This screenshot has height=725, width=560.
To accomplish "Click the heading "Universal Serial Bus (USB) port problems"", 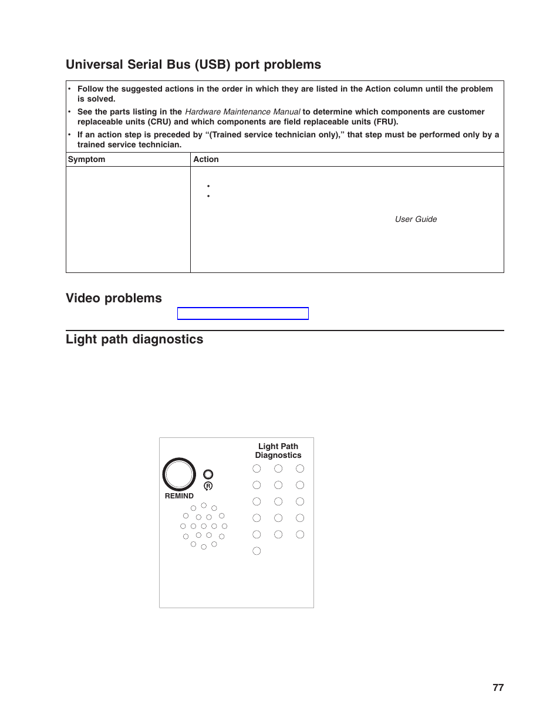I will (193, 65).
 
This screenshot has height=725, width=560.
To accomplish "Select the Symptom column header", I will (86, 159).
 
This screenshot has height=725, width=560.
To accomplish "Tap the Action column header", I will (206, 159).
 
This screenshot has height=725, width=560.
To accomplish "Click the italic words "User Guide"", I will (416, 219).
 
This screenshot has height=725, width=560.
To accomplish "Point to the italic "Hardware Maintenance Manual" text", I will (242, 112).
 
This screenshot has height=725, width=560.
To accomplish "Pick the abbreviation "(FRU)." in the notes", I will (386, 122).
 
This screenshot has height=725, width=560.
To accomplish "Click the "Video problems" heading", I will (114, 298).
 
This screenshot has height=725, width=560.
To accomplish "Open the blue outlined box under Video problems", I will (242, 313).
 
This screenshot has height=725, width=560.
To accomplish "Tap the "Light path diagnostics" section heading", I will (134, 339).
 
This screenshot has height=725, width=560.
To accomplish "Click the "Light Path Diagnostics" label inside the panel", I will (278, 451).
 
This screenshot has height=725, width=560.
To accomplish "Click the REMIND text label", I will (179, 496).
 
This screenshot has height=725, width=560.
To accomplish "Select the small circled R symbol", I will (208, 486).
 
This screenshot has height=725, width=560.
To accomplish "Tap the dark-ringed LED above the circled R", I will (208, 474).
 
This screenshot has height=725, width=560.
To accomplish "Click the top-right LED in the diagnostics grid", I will (300, 468).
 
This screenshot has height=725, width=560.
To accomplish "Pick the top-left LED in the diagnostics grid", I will (257, 468).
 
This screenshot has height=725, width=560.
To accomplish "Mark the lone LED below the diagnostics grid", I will (257, 551).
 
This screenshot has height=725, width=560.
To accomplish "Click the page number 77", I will (498, 687).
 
